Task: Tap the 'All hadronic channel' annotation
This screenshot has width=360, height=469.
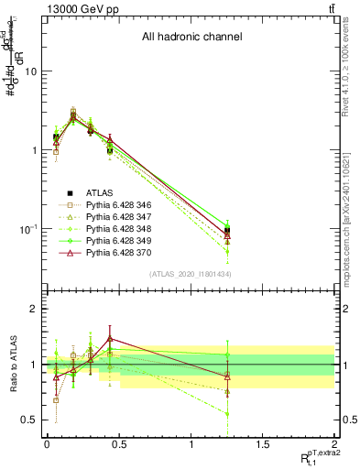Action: (191, 38)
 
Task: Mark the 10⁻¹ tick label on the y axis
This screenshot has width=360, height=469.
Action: (27, 228)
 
